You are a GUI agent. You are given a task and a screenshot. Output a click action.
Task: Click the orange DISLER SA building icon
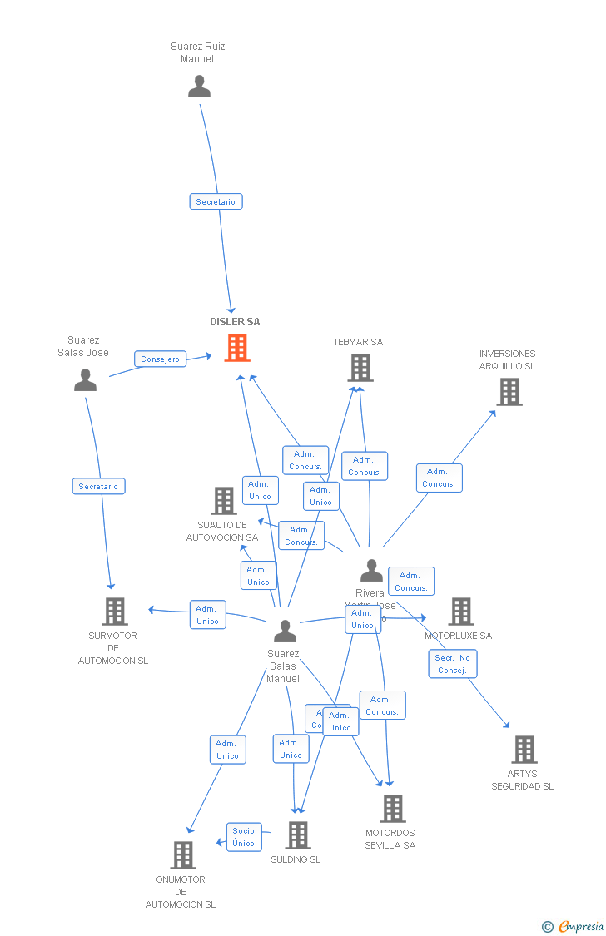click(237, 348)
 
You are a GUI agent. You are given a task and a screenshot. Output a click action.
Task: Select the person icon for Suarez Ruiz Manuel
click(199, 87)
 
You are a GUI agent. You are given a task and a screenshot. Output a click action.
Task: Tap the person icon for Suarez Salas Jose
click(85, 379)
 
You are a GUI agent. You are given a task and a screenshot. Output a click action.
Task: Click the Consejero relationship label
click(160, 359)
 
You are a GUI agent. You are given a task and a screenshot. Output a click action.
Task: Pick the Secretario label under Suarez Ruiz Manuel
click(216, 201)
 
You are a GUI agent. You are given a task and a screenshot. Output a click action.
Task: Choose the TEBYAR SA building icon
click(360, 368)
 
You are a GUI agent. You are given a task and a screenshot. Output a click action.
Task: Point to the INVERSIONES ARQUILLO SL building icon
click(509, 392)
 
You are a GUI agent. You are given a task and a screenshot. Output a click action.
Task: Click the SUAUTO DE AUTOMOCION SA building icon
click(223, 501)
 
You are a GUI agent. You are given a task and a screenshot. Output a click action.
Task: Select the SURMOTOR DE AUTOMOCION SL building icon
click(115, 612)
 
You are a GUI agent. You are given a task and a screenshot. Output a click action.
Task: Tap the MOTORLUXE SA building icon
click(460, 612)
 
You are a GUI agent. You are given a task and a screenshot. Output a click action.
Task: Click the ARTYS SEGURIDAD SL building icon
click(524, 750)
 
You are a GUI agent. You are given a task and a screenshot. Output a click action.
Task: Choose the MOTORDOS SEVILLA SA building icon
click(392, 808)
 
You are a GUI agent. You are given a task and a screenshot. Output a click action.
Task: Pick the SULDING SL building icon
click(297, 834)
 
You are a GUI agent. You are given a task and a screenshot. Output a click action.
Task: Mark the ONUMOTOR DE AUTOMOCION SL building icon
click(182, 854)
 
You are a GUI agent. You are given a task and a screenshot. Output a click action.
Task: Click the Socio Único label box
click(244, 837)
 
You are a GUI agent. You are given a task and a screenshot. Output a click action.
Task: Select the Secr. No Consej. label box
click(453, 664)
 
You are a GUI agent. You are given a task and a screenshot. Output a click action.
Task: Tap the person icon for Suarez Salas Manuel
click(285, 631)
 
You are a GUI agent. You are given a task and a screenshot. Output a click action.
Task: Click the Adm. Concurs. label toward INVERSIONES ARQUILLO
click(439, 478)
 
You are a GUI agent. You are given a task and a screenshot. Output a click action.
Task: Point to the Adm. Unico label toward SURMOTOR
click(207, 615)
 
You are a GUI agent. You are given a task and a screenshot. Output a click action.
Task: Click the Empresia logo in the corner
click(574, 926)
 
